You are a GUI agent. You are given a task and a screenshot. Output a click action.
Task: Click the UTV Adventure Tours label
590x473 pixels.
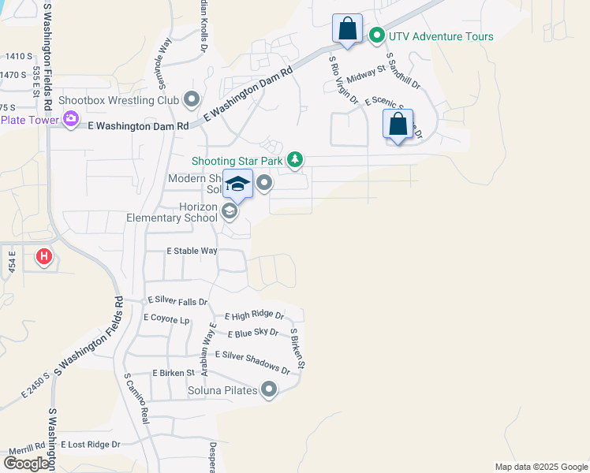click(440, 36)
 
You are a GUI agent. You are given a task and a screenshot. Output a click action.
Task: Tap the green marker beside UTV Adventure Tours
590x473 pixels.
click(377, 35)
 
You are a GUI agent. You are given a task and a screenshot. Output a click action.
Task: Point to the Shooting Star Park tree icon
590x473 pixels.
click(295, 160)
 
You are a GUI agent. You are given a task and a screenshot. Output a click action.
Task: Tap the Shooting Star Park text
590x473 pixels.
click(236, 161)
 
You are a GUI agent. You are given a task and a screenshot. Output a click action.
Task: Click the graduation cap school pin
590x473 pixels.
click(237, 185)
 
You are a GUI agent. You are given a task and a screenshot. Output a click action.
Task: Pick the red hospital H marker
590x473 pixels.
click(44, 256)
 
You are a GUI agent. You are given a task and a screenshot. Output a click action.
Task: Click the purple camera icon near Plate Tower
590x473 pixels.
click(71, 119)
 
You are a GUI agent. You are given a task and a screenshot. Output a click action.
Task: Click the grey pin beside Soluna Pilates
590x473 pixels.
click(270, 389)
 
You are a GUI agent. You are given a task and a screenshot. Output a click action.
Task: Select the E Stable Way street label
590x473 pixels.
click(192, 251)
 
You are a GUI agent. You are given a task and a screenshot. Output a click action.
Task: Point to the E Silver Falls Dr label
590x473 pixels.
click(177, 301)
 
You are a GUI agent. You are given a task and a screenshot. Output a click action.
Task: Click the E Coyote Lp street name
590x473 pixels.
click(166, 318)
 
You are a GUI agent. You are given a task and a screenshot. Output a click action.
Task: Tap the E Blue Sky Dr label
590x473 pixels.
click(252, 333)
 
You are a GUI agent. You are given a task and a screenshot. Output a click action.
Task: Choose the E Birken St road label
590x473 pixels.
click(174, 372)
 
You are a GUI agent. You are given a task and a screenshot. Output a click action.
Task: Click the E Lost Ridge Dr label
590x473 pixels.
click(90, 445)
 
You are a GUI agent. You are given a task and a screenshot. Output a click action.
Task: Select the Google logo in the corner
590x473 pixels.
click(27, 464)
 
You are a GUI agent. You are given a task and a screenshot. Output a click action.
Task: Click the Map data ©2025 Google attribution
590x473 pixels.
click(540, 467)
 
